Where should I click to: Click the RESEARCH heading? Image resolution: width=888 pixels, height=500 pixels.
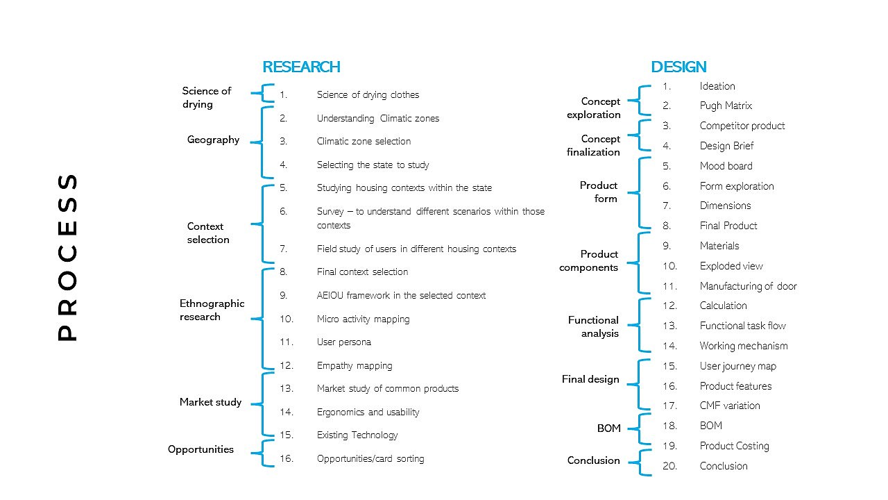[301, 67]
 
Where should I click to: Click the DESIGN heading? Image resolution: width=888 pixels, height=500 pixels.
[678, 67]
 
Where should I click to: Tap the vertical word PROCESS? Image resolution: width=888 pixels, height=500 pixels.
[67, 257]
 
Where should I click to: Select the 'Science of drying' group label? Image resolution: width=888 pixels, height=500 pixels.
[206, 97]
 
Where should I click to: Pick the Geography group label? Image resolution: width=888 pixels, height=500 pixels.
[213, 140]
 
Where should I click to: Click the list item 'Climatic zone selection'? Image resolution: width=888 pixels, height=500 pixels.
[364, 141]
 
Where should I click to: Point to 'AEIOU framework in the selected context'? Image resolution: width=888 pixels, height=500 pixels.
[401, 295]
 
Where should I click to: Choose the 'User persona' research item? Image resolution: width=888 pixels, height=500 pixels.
[343, 342]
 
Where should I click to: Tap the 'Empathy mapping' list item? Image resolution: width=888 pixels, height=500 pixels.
[354, 365]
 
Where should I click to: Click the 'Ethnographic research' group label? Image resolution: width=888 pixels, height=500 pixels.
[212, 310]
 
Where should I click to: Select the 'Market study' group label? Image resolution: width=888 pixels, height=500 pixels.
[210, 402]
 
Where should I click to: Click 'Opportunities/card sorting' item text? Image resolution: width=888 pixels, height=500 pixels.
[370, 458]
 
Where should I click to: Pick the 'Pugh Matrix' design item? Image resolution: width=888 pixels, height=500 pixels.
[725, 106]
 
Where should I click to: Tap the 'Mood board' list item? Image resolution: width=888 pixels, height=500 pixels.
[726, 166]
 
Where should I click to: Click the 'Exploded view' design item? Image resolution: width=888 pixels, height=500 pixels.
[731, 266]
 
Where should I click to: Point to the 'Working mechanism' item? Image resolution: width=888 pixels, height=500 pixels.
[743, 346]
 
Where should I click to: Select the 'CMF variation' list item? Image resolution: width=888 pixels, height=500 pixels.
[729, 406]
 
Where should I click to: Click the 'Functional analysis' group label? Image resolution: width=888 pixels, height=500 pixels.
[592, 326]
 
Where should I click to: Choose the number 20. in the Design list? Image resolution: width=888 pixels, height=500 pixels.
[669, 466]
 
